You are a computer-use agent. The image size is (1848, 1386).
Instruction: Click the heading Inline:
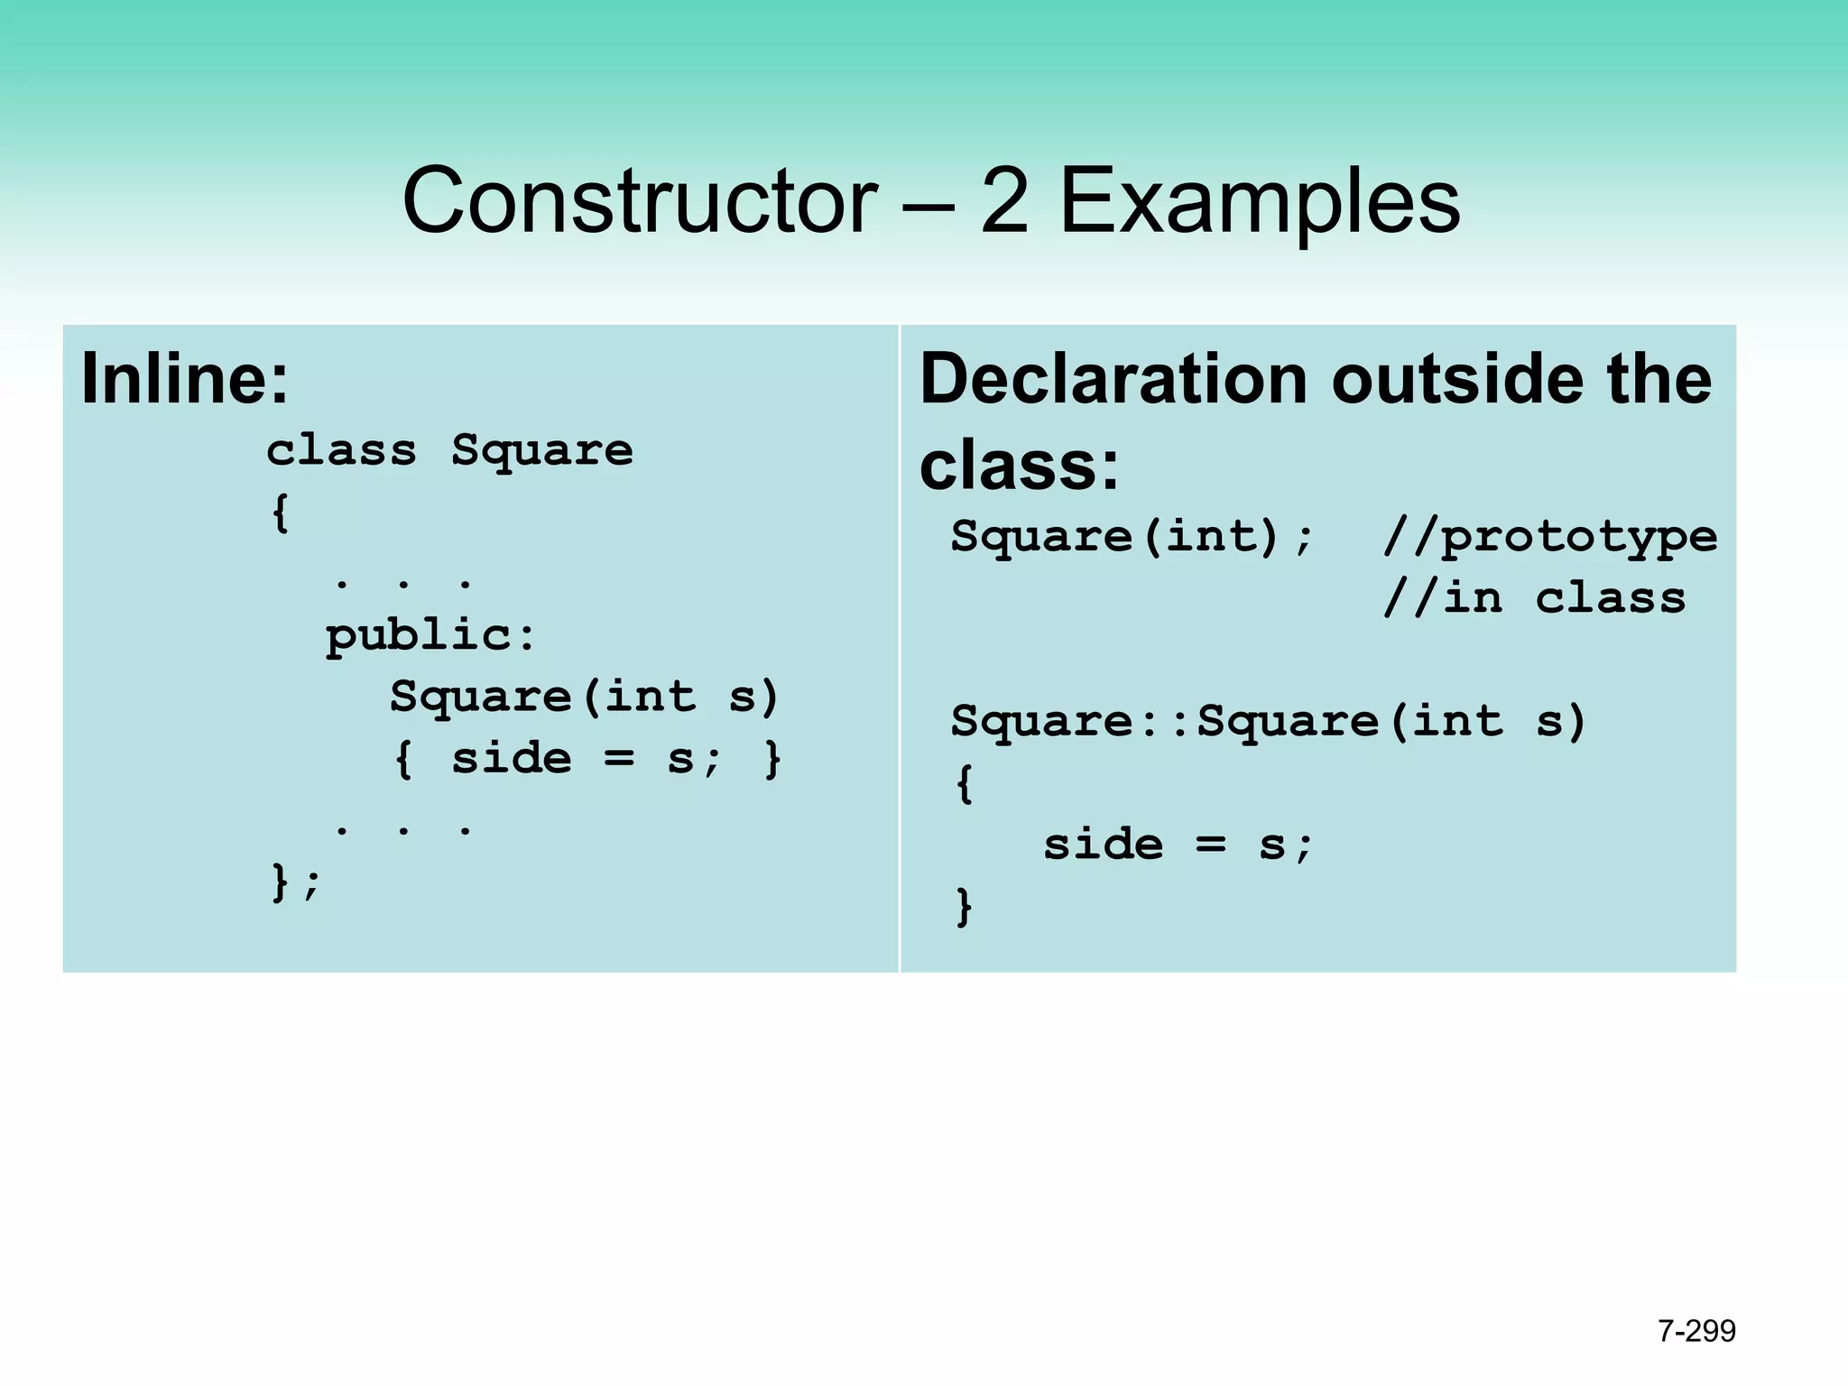point(185,379)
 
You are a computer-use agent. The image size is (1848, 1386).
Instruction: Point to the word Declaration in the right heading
point(1113,379)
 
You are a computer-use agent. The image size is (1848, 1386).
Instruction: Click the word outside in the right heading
point(1457,379)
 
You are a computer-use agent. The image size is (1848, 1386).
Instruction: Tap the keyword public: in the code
point(430,636)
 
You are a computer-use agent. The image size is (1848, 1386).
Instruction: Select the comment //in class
point(1534,598)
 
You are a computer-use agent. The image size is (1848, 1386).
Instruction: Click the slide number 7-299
point(1696,1331)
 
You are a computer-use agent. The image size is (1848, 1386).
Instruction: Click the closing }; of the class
point(295,882)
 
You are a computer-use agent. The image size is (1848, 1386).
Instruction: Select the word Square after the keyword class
point(542,450)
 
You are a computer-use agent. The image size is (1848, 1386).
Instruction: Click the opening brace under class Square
point(281,513)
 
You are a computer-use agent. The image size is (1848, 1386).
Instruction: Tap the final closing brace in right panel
point(964,906)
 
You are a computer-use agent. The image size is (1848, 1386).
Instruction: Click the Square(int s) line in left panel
point(584,697)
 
